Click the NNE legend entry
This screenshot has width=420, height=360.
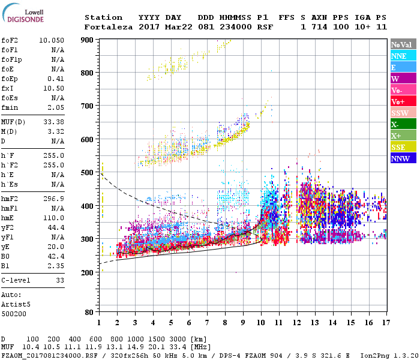tap(403, 56)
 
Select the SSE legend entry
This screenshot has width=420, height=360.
tap(403, 147)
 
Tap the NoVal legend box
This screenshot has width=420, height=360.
tap(403, 44)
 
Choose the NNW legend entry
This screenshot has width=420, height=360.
tap(403, 158)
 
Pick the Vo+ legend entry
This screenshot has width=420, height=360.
tap(403, 101)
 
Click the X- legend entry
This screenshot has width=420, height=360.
tap(403, 124)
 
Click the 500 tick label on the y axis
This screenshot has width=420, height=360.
tap(87, 173)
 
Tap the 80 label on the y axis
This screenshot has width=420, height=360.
tap(89, 313)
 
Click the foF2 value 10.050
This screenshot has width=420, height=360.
tap(52, 40)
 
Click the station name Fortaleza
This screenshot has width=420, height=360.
tap(106, 27)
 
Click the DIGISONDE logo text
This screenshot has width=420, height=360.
tap(25, 19)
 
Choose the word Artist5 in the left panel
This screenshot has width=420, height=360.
tap(16, 304)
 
